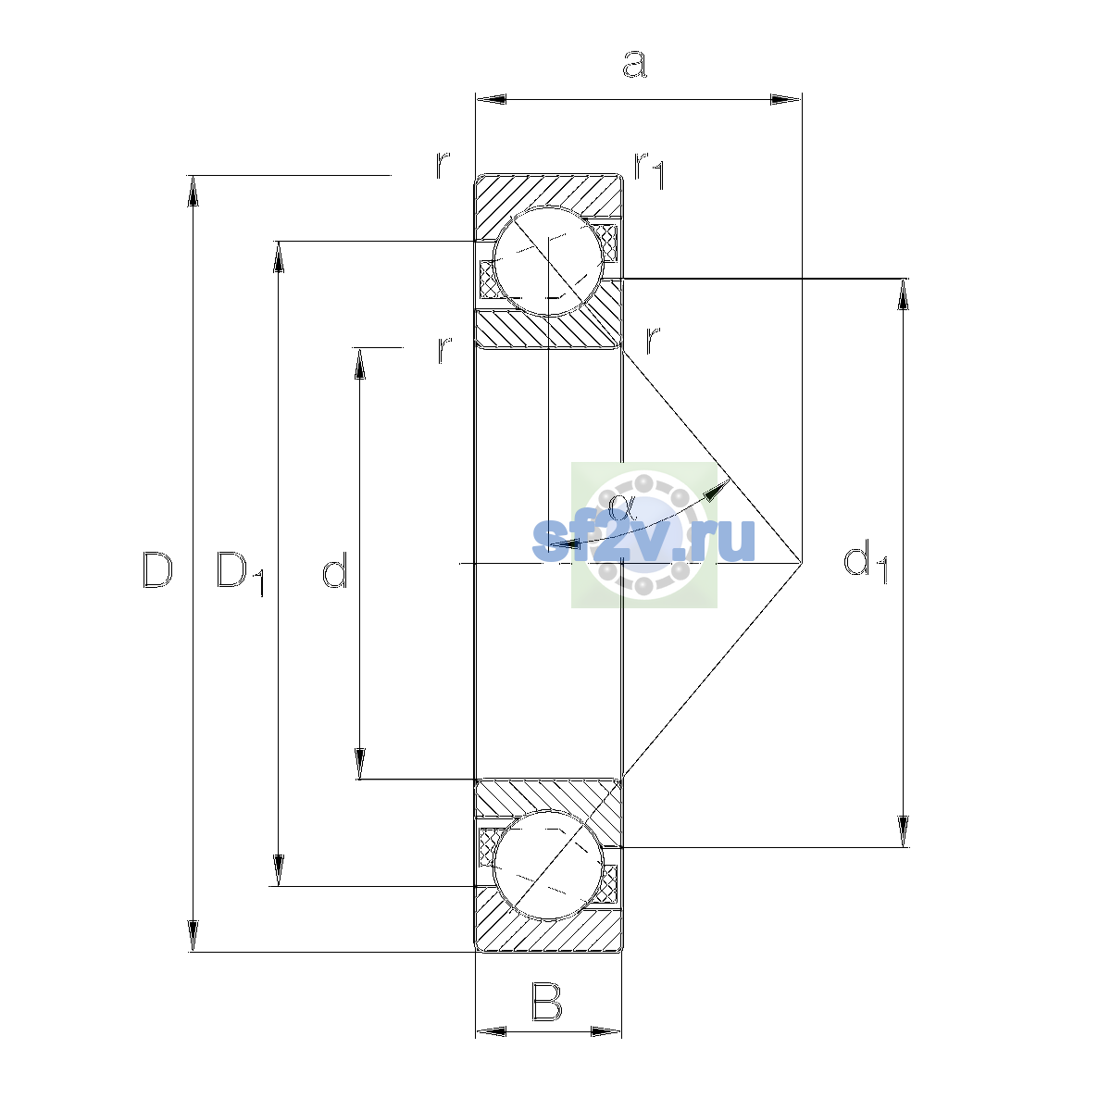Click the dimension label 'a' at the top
[635, 64]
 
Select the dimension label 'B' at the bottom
[546, 1003]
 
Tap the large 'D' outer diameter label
[157, 569]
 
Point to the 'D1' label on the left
[240, 573]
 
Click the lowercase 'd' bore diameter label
[334, 569]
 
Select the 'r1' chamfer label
[650, 170]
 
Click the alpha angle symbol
[622, 507]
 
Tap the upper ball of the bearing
[548, 261]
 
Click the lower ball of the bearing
[548, 865]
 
